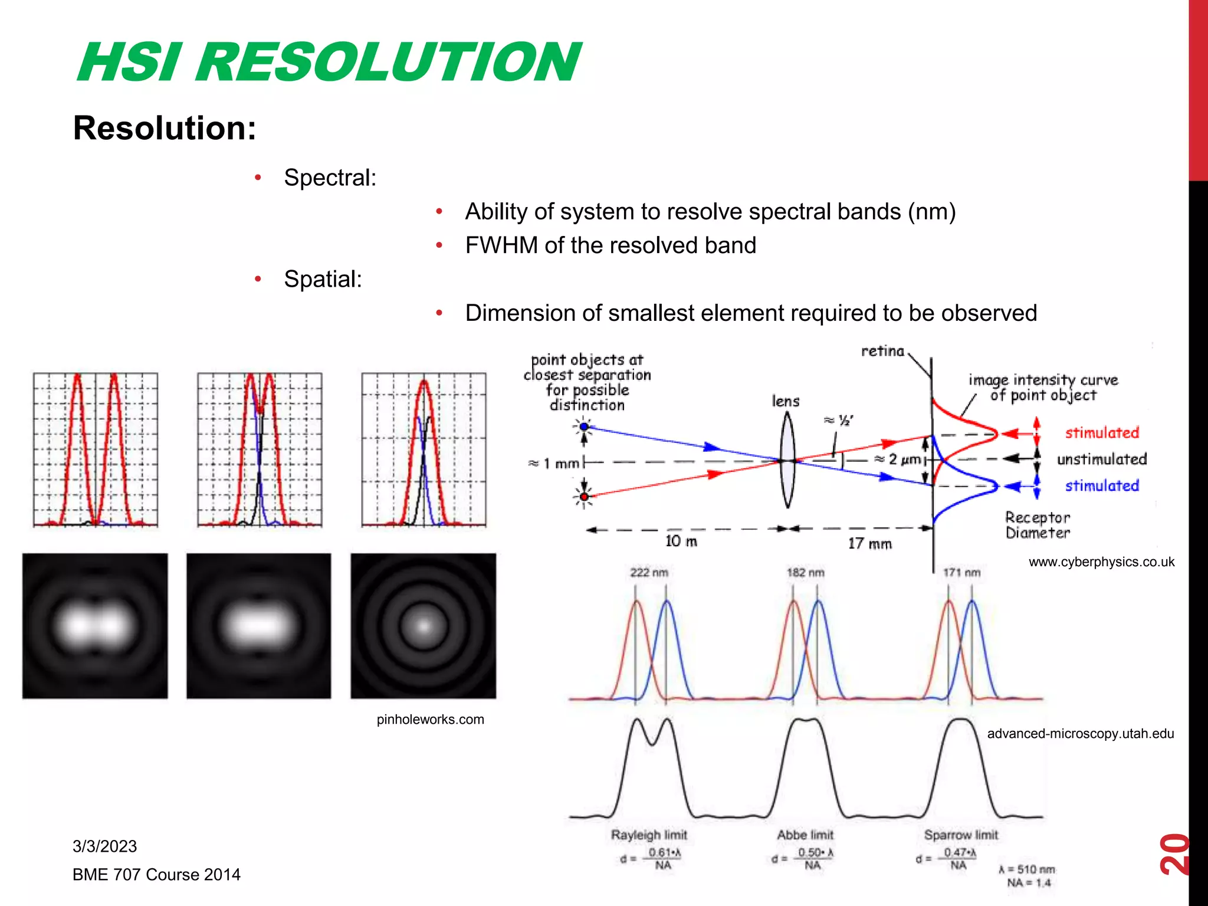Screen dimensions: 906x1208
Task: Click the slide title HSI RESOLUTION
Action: click(329, 63)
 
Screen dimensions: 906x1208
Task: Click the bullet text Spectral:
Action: click(330, 178)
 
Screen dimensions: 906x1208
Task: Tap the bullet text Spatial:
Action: click(323, 279)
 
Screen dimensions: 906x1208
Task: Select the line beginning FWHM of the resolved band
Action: click(610, 245)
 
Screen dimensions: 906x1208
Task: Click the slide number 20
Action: click(1174, 854)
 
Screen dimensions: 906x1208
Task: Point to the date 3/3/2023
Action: click(104, 846)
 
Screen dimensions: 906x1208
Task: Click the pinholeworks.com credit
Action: click(430, 720)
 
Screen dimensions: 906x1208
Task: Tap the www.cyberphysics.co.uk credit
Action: click(1101, 562)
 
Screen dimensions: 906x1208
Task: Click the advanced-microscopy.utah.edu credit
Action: click(1080, 734)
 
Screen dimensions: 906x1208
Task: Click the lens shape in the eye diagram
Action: click(787, 460)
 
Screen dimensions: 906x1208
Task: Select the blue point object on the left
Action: click(584, 426)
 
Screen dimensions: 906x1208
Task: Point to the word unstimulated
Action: click(1101, 459)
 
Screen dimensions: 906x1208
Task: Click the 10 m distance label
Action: click(681, 541)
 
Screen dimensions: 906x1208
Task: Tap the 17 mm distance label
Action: click(869, 543)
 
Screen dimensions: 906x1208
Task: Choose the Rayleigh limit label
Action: click(649, 835)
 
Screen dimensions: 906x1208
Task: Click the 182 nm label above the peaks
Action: click(805, 572)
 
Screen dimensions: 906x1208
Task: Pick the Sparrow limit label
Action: click(961, 835)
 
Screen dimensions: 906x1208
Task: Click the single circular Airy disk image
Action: click(423, 626)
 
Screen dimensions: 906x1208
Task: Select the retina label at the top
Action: click(882, 351)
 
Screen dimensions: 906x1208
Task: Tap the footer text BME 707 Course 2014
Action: click(156, 875)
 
